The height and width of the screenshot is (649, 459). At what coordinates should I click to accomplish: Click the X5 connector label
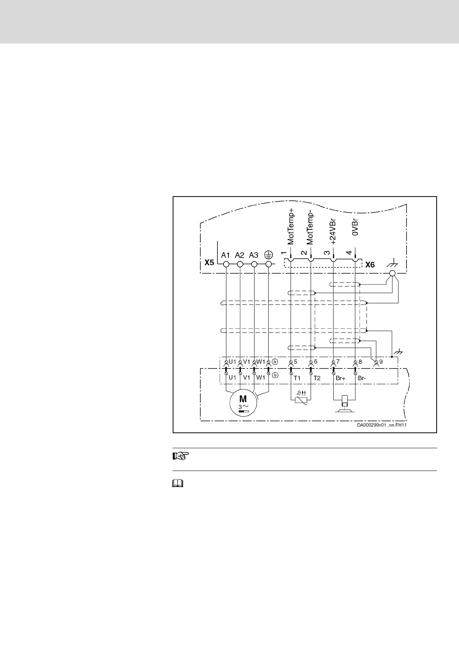pos(209,263)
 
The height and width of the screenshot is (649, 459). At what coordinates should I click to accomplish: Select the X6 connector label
pos(370,265)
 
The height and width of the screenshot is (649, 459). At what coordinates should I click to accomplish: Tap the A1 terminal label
pos(225,255)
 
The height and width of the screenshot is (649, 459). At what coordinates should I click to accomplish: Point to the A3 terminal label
pos(254,255)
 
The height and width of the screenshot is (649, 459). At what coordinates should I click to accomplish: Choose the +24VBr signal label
pos(334,231)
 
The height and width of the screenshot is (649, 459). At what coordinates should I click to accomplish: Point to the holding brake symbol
pos(345,403)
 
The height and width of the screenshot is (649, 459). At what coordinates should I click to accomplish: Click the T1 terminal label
pos(297,378)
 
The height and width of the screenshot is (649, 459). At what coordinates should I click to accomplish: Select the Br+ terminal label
pos(341,378)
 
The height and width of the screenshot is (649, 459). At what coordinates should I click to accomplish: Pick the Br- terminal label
pos(362,378)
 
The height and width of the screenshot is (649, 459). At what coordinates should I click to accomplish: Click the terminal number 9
pos(381,362)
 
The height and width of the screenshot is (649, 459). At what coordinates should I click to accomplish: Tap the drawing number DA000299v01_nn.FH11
pos(382,425)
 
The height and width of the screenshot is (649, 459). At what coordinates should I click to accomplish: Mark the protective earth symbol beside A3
pos(269,255)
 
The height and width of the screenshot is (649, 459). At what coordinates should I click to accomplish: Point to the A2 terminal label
pos(239,255)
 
